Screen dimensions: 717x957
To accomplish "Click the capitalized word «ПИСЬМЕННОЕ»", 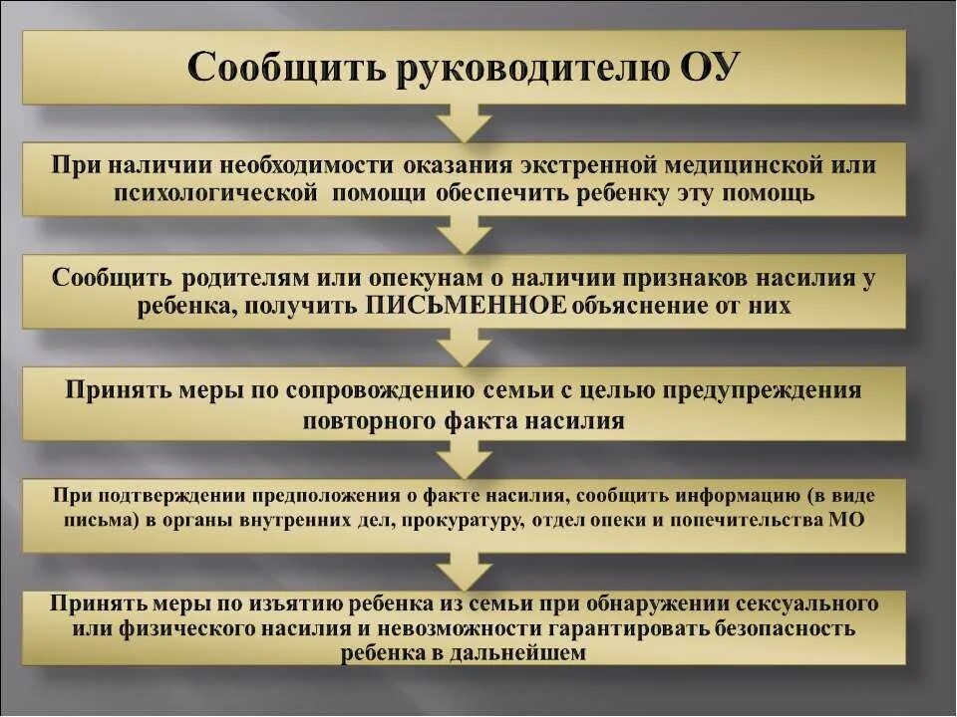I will (467, 306).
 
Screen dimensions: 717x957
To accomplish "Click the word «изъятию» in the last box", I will (300, 603).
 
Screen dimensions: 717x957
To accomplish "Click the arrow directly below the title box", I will (466, 123).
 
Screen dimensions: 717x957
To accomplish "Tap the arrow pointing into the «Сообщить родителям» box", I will (466, 236).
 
